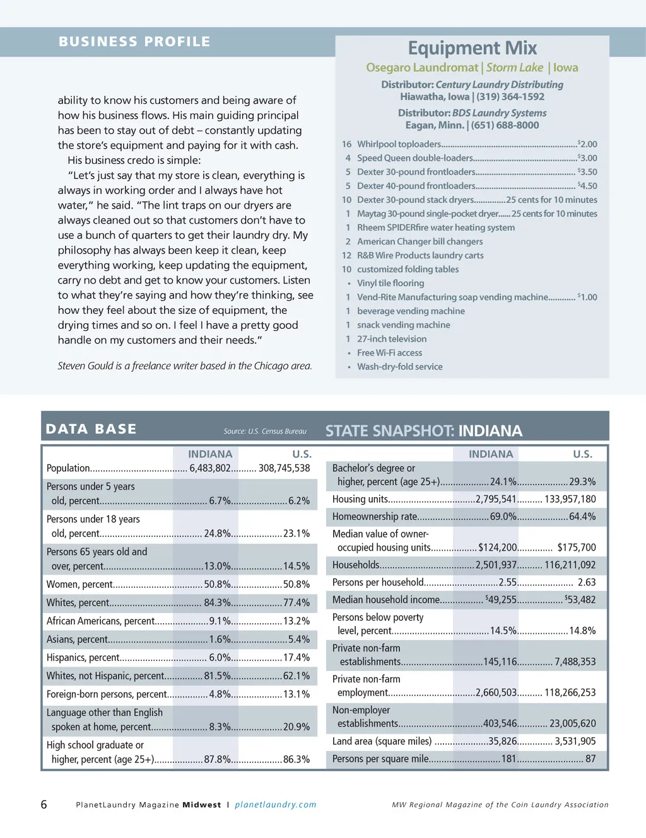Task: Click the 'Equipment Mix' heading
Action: coord(472,48)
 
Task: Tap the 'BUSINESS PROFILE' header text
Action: coord(134,42)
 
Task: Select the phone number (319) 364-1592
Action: coord(510,96)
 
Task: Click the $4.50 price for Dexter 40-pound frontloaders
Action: coord(587,186)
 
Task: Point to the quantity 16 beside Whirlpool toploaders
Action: coord(346,144)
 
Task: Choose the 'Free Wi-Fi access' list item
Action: coord(389,353)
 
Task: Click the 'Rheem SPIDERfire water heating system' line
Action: coord(435,227)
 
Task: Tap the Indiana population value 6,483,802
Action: coord(210,468)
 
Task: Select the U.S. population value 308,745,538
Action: coord(284,468)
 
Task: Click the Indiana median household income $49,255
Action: coord(501,600)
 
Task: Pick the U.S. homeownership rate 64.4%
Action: coord(582,517)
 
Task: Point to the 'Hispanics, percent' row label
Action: coord(83,658)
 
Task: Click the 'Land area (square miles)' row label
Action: coord(382,742)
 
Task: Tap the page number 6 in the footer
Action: coord(44,805)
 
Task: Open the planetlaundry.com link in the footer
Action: coord(275,805)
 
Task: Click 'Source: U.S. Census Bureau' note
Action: coord(265,432)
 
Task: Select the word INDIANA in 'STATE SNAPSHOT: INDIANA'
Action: coord(490,431)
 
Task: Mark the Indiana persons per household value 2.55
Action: coord(507,583)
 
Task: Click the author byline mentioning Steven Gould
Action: coord(184,366)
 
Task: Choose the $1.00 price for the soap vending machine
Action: coord(587,297)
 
